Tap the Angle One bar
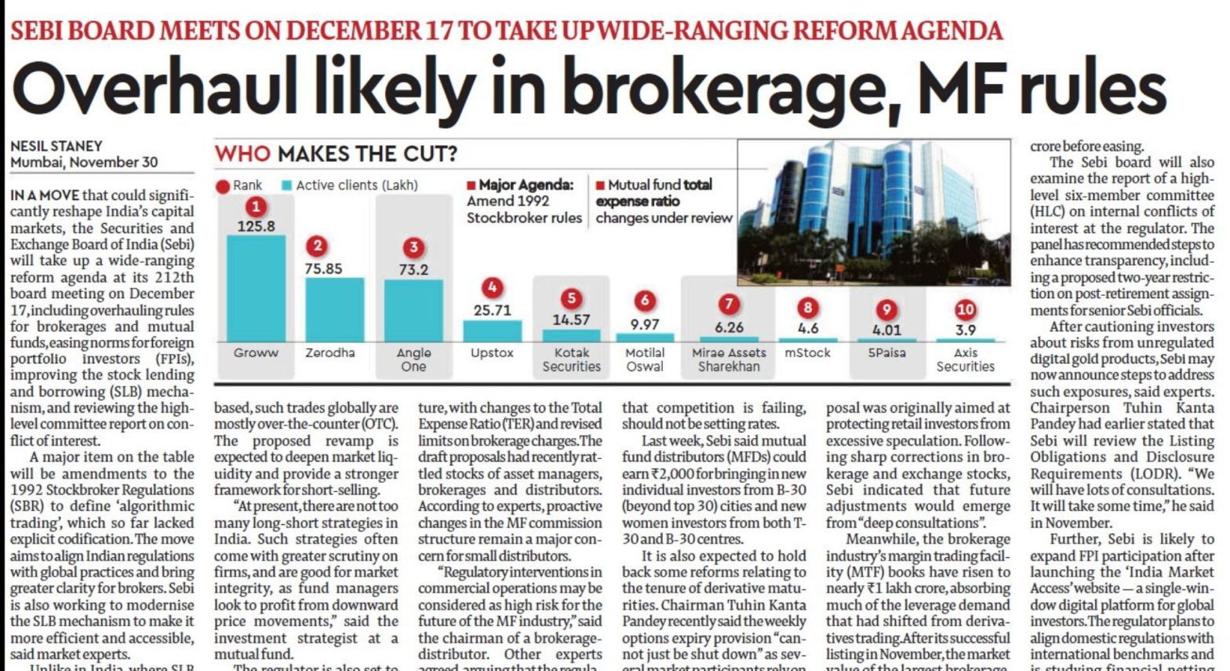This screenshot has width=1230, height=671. point(413,310)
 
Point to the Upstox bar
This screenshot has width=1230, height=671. point(492,330)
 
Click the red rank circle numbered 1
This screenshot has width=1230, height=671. point(256,207)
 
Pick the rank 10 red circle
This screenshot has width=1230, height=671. point(966,309)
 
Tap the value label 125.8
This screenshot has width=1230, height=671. point(256,226)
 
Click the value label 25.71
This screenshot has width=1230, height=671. point(492,310)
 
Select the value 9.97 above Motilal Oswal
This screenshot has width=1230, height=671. point(644,323)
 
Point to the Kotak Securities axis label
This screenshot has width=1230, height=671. point(571,359)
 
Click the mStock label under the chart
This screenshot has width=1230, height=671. point(807,353)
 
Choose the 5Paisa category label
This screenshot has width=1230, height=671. point(886,353)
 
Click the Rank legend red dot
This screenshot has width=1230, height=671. point(223,186)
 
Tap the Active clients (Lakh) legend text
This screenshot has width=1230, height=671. point(357,185)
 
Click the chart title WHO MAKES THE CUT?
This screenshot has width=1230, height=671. point(336,153)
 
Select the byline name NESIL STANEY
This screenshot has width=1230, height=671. point(56,146)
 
